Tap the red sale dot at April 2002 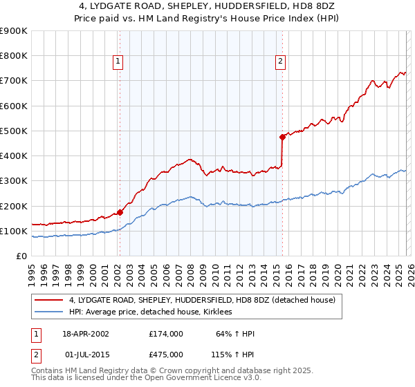tap(120, 212)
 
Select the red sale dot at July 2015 tap(282, 137)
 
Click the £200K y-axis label tap(14, 206)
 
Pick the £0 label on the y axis tap(22, 256)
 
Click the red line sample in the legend tap(50, 300)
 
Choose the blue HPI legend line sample tap(50, 312)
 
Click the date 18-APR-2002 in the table tap(86, 334)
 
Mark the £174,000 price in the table tap(165, 334)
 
